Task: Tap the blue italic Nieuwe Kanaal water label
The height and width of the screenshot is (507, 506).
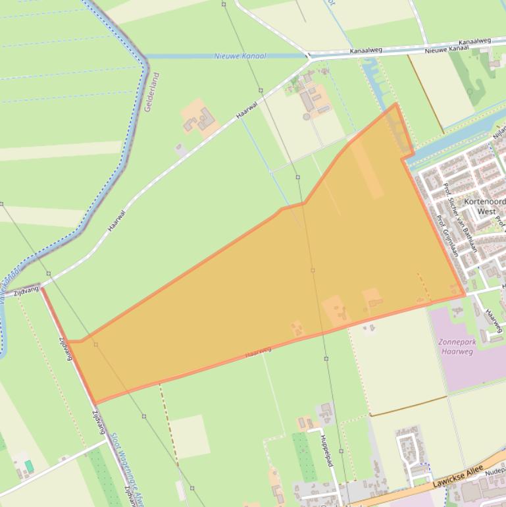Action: click(240, 56)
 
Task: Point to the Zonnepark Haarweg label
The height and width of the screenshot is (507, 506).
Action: click(457, 347)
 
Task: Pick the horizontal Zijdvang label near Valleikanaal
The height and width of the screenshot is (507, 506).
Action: click(26, 290)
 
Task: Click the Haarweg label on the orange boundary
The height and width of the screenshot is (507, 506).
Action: click(258, 352)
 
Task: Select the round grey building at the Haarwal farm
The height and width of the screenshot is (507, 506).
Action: click(306, 117)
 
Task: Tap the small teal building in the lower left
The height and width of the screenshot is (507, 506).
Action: click(29, 466)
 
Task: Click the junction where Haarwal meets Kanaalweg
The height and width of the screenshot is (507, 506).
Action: click(309, 57)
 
